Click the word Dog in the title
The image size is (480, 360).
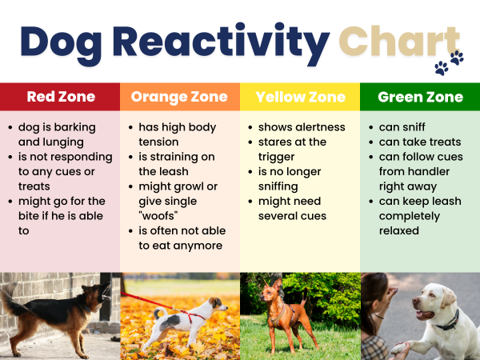tap(68, 41)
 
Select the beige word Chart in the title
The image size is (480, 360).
tap(399, 41)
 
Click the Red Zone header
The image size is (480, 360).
tap(61, 97)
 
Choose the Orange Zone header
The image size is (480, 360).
tap(180, 97)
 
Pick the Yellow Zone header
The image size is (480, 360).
tap(300, 97)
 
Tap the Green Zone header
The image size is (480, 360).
tap(420, 97)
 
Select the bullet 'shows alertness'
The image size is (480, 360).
tap(302, 127)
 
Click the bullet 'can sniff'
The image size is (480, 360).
tap(402, 127)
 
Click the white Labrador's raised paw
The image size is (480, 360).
tap(400, 346)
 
